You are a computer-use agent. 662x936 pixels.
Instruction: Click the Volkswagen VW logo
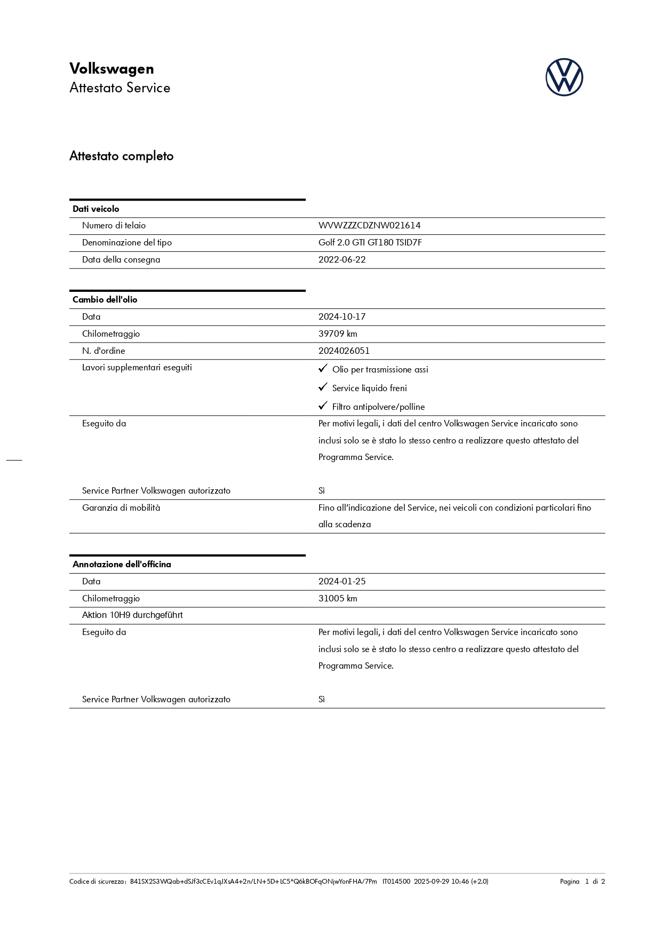pyautogui.click(x=564, y=77)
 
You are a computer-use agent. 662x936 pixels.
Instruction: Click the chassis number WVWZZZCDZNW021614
pyautogui.click(x=369, y=226)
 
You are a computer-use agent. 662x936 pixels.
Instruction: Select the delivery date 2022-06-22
pyautogui.click(x=342, y=260)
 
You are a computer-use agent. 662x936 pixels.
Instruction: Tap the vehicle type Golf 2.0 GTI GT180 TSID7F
pyautogui.click(x=370, y=243)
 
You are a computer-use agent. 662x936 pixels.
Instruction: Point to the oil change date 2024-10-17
pyautogui.click(x=342, y=317)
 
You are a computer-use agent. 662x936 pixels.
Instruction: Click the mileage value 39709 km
pyautogui.click(x=338, y=334)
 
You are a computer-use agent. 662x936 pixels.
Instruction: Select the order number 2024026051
pyautogui.click(x=344, y=351)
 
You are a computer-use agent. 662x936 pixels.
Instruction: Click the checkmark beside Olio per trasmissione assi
pyautogui.click(x=323, y=369)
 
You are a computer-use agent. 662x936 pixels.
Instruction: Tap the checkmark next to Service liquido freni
pyautogui.click(x=323, y=387)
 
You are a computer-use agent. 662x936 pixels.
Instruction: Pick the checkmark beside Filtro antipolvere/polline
pyautogui.click(x=323, y=406)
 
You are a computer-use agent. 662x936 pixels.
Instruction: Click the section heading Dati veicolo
pyautogui.click(x=96, y=209)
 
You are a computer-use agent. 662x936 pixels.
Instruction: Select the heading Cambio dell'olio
pyautogui.click(x=105, y=300)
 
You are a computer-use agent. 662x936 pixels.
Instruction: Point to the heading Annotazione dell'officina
pyautogui.click(x=122, y=565)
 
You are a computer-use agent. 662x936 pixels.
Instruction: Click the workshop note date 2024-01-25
pyautogui.click(x=342, y=582)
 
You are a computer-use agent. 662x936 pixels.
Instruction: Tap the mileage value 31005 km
pyautogui.click(x=338, y=599)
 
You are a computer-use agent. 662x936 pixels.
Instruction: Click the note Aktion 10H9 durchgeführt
pyautogui.click(x=132, y=615)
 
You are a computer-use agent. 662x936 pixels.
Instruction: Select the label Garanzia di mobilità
pyautogui.click(x=121, y=508)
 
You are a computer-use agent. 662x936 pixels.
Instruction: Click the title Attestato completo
pyautogui.click(x=122, y=156)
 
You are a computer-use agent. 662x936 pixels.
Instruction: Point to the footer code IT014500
pyautogui.click(x=396, y=882)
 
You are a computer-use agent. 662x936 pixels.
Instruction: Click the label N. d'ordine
pyautogui.click(x=103, y=351)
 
